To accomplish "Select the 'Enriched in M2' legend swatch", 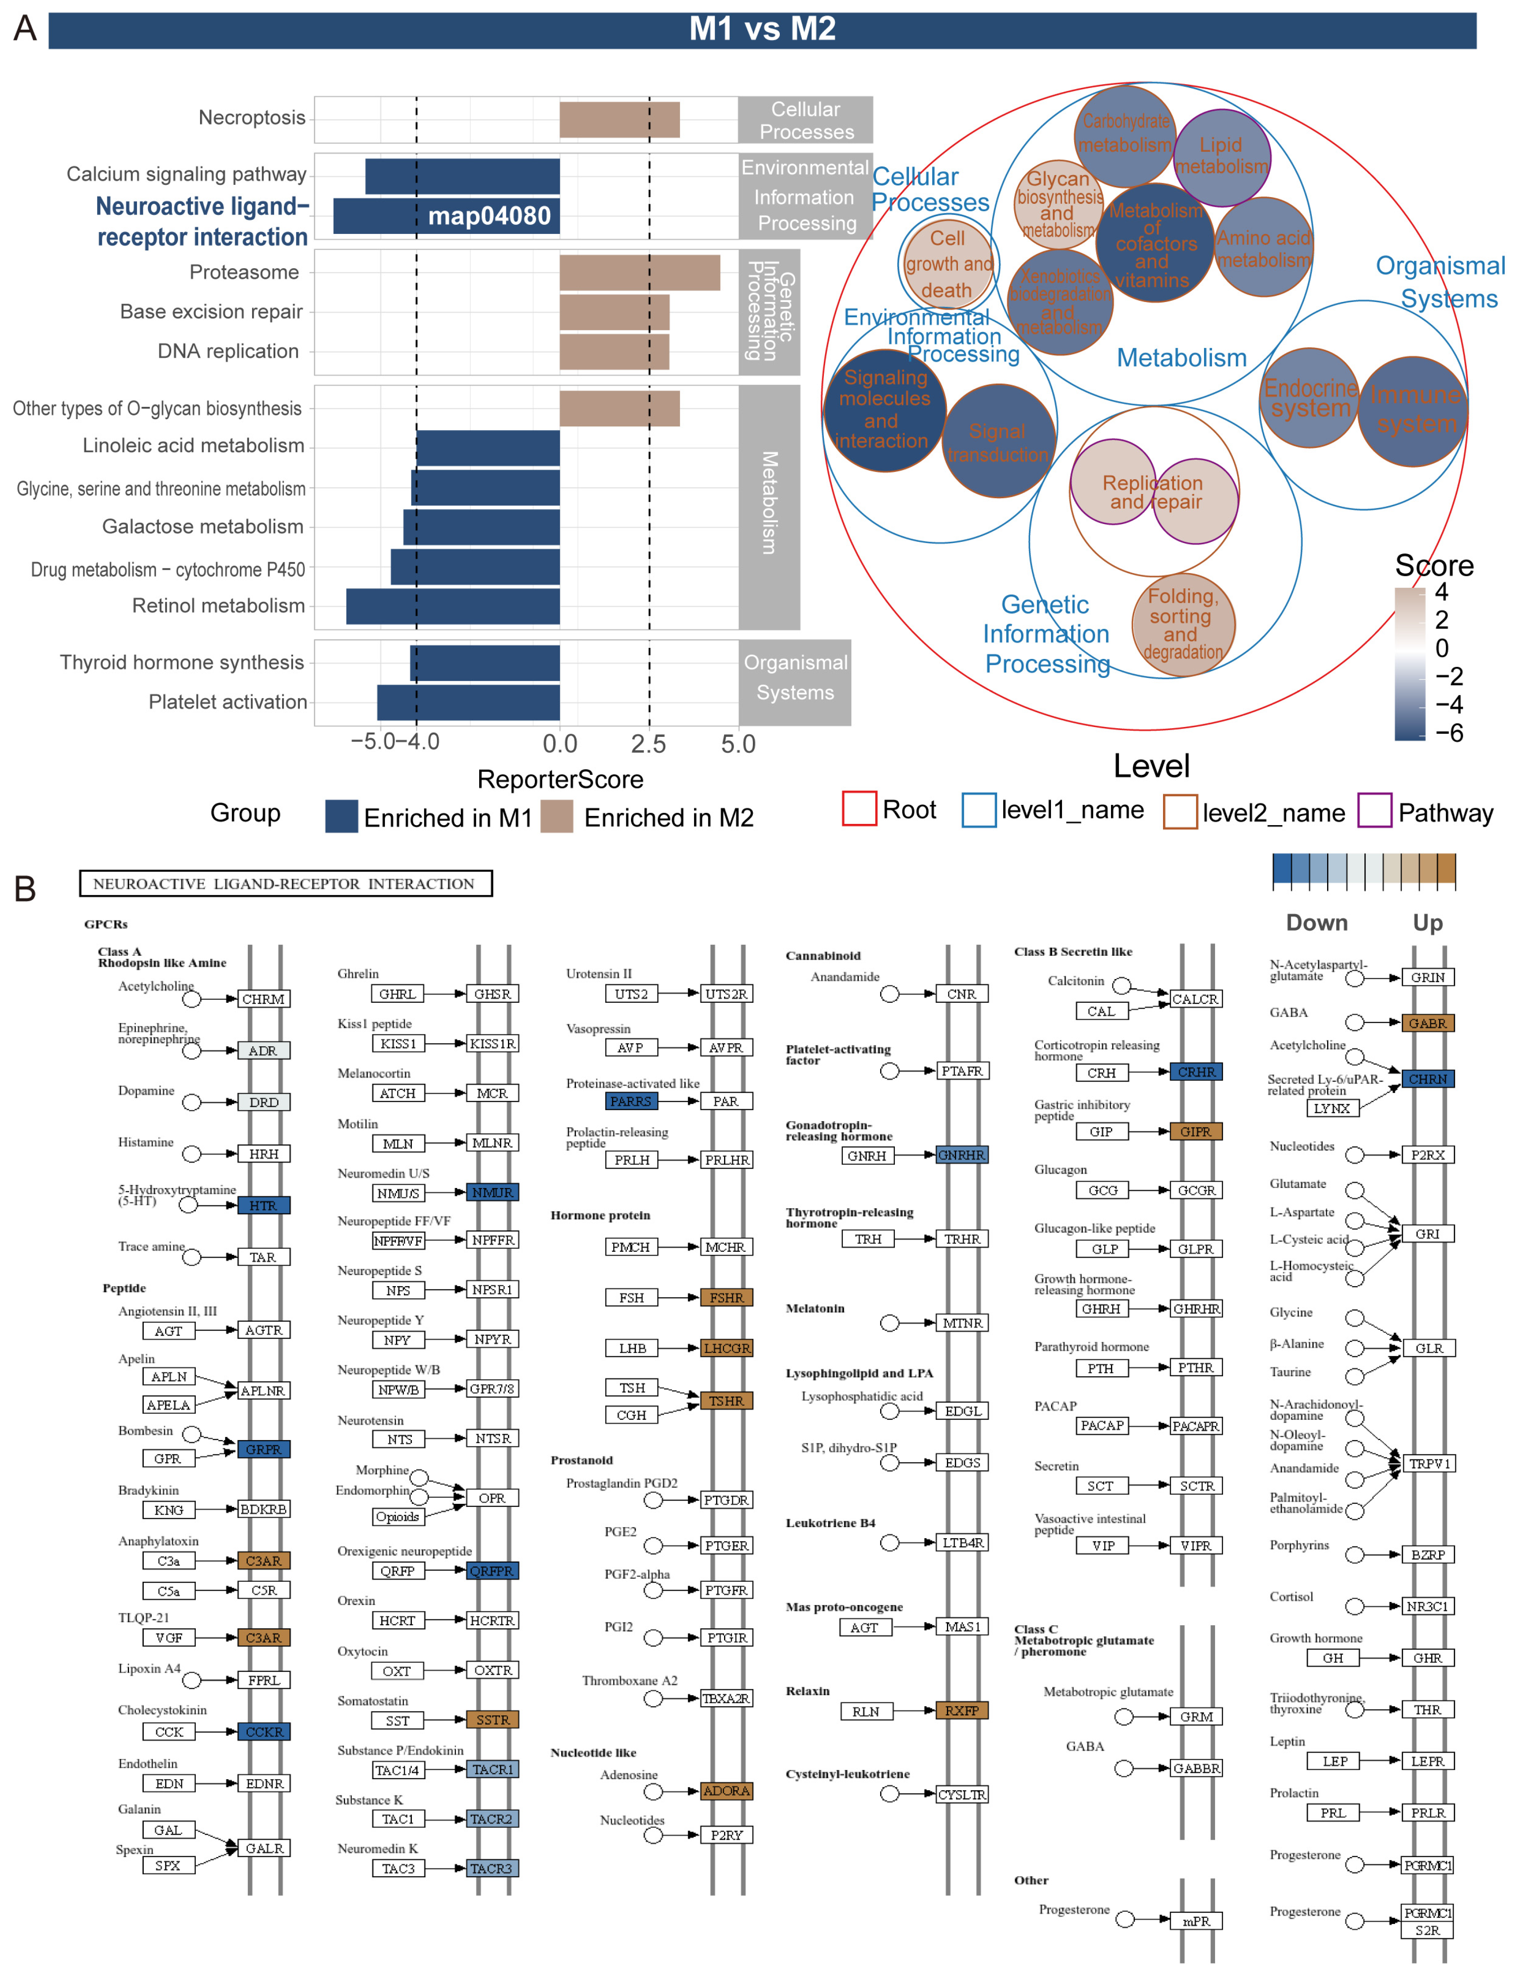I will pos(557,816).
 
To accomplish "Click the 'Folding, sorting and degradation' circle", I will pos(1182,624).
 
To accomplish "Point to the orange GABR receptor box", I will pos(1427,1023).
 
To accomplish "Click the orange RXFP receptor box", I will pos(961,1710).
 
